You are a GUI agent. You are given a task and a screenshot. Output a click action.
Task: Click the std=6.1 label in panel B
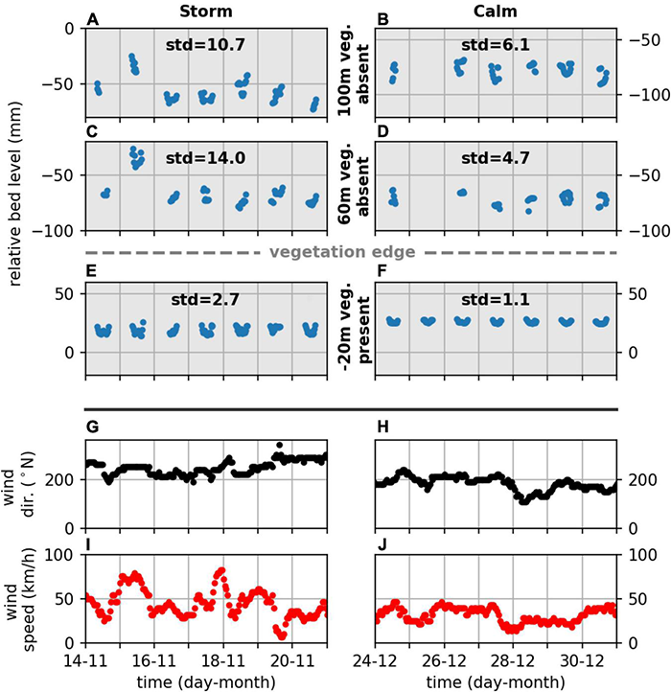coord(498,44)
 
